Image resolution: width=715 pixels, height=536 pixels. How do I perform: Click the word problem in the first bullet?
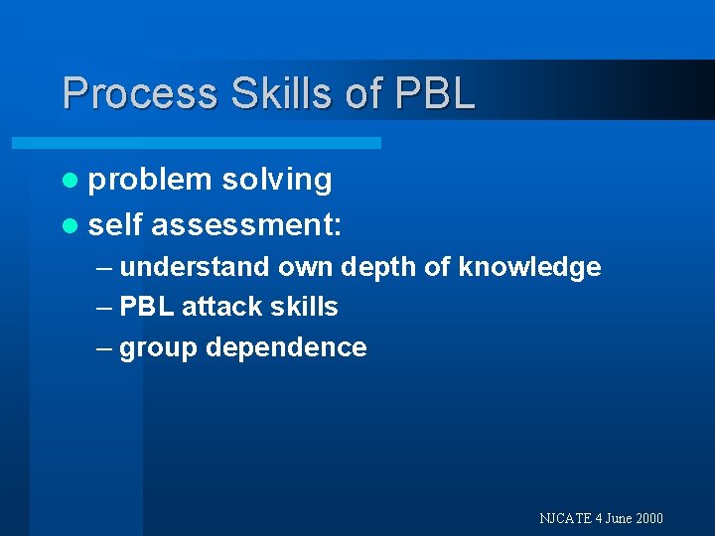[150, 180]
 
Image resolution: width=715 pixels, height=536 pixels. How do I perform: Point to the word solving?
[277, 180]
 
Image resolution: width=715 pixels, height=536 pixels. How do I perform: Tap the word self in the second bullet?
[115, 225]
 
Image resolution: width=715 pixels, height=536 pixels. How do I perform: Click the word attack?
[217, 307]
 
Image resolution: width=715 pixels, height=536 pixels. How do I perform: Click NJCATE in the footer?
[564, 518]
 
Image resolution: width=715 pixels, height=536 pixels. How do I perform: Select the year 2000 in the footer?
[648, 518]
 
